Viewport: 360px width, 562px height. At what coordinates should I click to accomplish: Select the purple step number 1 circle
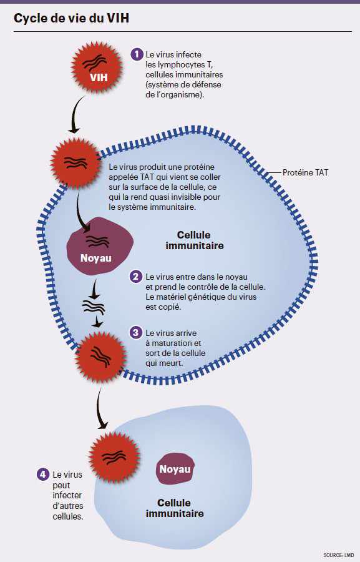137,54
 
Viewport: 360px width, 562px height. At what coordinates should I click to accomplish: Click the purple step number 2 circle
136,277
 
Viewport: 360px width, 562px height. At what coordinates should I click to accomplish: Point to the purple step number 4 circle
42,475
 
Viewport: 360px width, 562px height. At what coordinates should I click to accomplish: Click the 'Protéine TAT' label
305,172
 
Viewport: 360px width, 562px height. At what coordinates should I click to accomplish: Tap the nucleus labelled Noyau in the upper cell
100,245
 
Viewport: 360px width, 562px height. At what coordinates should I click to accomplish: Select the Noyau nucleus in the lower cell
174,469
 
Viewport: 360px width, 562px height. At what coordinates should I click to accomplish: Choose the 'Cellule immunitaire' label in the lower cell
174,508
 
